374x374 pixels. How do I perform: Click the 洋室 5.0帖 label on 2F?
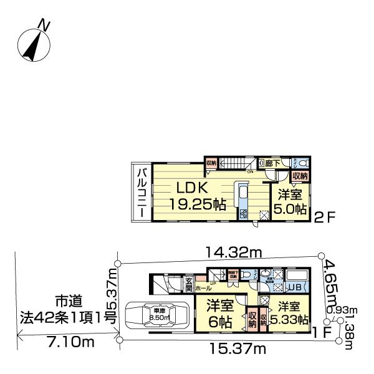coord(290,200)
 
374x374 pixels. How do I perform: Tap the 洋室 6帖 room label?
coord(221,315)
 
